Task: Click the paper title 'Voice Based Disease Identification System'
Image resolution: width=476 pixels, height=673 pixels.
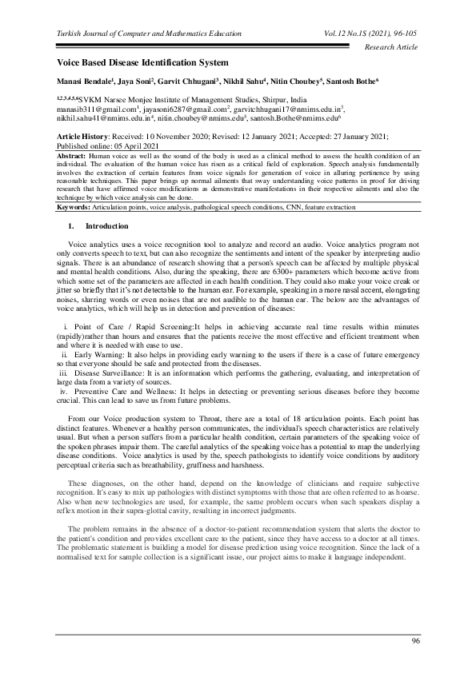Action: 142,62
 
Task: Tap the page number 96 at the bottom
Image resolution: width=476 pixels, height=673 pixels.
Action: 415,642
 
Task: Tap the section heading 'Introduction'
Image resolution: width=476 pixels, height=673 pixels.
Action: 100,227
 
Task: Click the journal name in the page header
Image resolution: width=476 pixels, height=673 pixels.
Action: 147,34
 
